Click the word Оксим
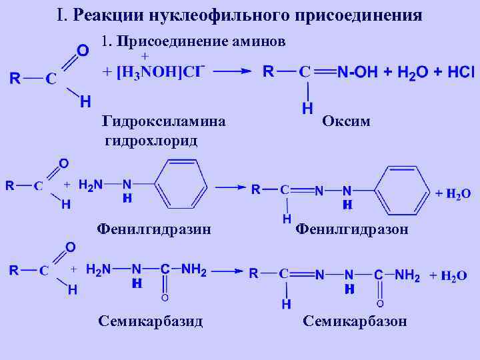pyautogui.click(x=346, y=121)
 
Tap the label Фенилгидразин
pyautogui.click(x=154, y=229)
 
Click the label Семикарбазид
pyautogui.click(x=150, y=321)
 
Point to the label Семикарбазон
pyautogui.click(x=354, y=321)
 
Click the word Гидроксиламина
pyautogui.click(x=163, y=121)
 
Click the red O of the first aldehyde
pyautogui.click(x=83, y=51)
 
